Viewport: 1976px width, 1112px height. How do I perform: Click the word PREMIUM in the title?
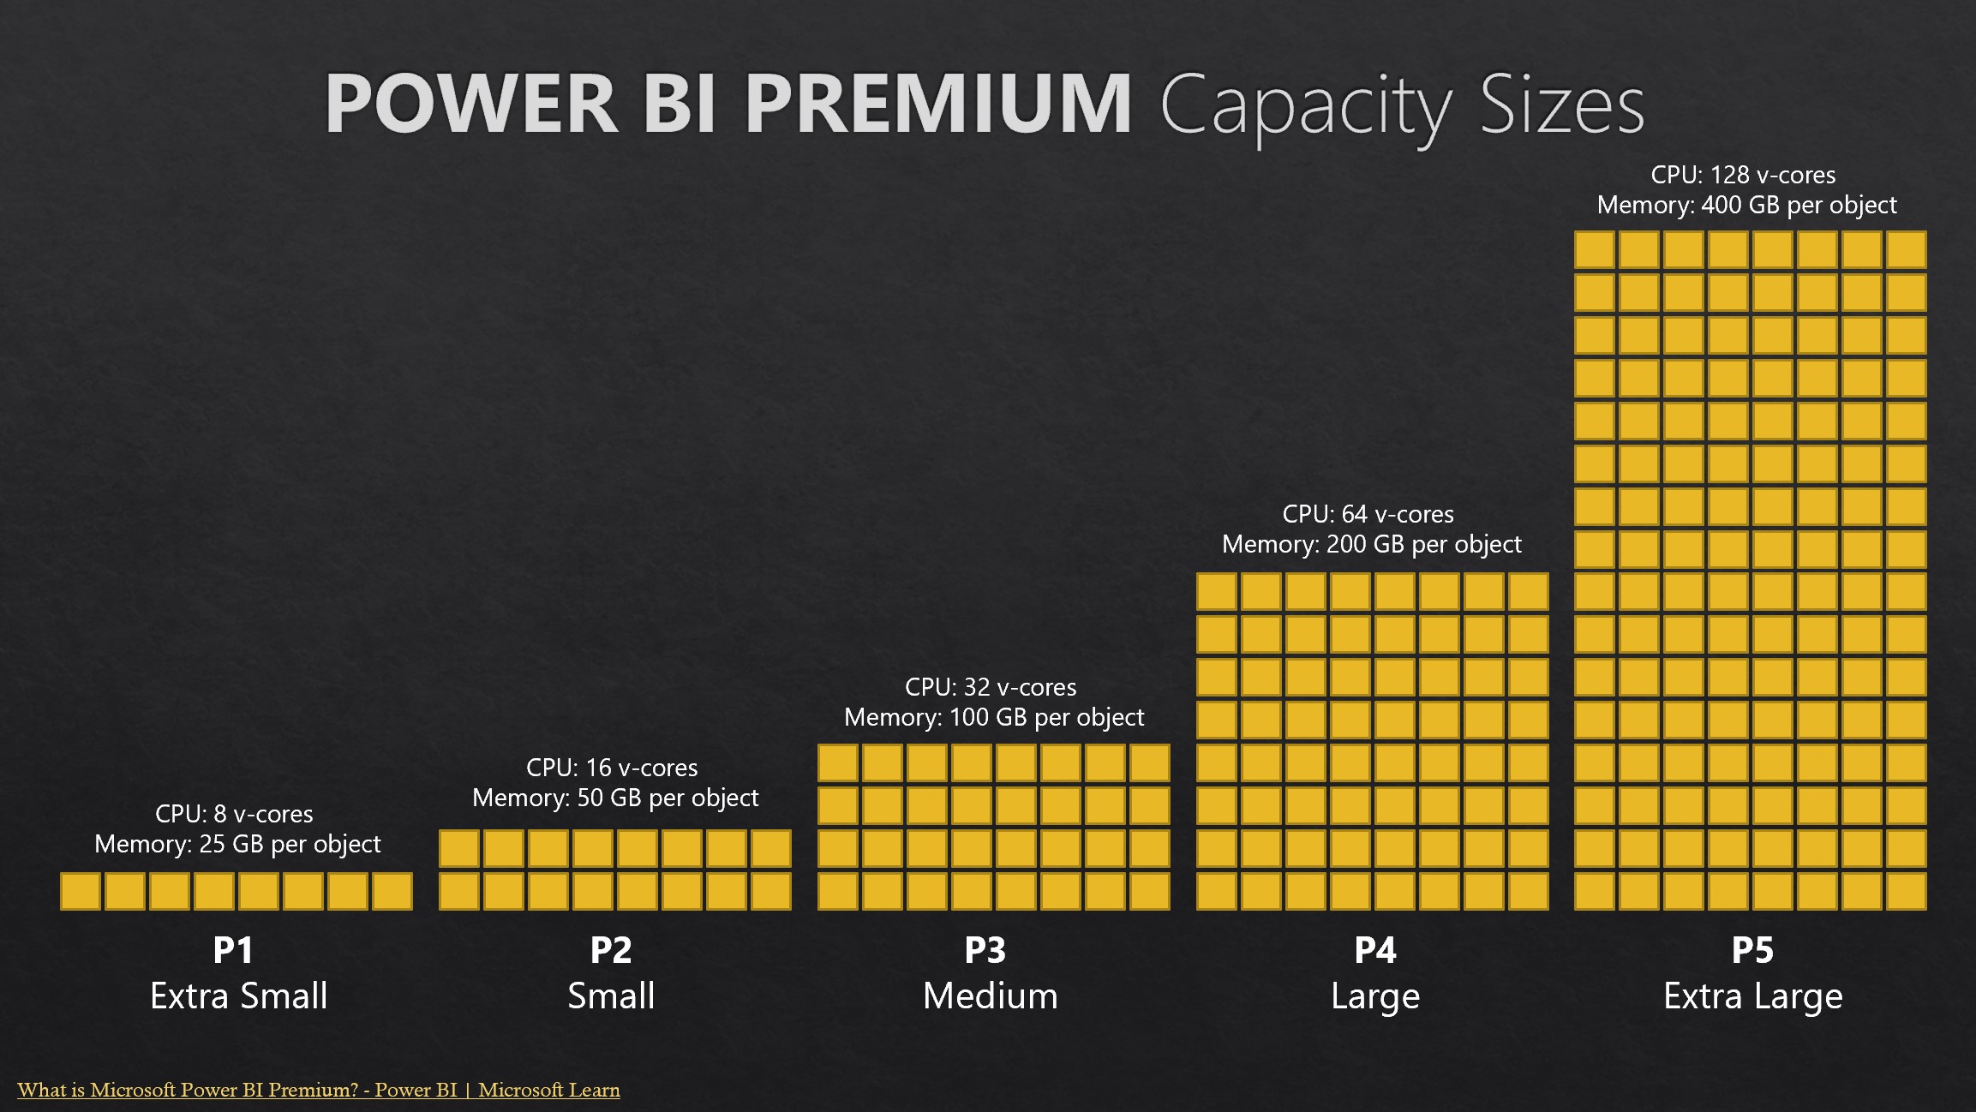[x=938, y=105]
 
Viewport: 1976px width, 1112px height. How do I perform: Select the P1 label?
[x=233, y=950]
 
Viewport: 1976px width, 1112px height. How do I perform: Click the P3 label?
[x=985, y=950]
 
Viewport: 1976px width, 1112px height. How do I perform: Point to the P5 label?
[x=1752, y=950]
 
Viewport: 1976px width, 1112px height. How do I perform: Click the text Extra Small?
[x=238, y=996]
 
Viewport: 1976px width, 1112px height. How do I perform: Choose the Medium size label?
[x=990, y=996]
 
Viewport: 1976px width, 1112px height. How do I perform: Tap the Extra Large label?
[x=1752, y=996]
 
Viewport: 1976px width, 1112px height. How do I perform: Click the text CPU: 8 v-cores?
[x=234, y=814]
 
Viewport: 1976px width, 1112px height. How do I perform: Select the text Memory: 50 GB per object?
[x=615, y=798]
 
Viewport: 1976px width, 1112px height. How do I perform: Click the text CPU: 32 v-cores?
[x=991, y=687]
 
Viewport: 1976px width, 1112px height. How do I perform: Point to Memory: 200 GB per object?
[x=1371, y=544]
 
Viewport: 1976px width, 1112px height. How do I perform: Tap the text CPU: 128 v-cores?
[x=1743, y=175]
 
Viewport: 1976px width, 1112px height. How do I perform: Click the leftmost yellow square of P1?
[x=81, y=891]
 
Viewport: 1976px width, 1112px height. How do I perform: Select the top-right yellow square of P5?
[x=1906, y=250]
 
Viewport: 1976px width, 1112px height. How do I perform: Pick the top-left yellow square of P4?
[x=1217, y=592]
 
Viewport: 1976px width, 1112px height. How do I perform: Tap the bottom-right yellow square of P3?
[x=1149, y=891]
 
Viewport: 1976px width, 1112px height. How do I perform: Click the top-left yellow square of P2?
[x=459, y=848]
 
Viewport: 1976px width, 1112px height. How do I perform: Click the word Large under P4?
[x=1375, y=996]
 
